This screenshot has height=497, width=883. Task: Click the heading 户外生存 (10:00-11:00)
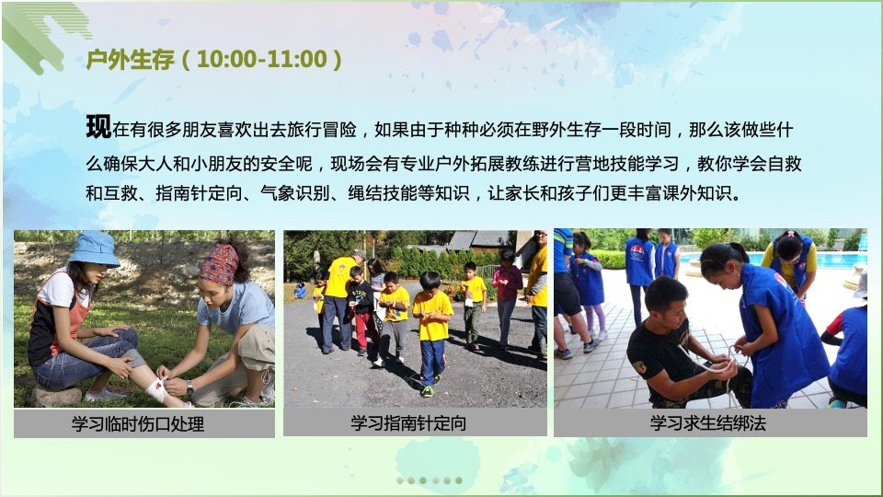click(x=213, y=60)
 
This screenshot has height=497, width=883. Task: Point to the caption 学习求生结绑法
click(x=708, y=423)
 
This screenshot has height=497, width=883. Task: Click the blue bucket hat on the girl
click(x=94, y=248)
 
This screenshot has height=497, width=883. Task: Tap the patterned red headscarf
click(x=218, y=264)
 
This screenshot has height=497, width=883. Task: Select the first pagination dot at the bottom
click(x=400, y=480)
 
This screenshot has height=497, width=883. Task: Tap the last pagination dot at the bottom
click(x=459, y=480)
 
